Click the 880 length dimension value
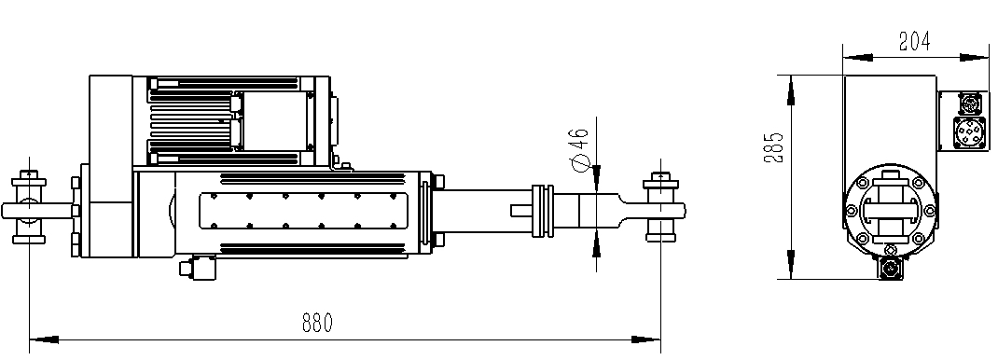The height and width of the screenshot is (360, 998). coord(317,323)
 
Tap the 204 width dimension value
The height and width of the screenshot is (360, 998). coord(914,41)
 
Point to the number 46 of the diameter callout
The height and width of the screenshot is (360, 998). coord(579,137)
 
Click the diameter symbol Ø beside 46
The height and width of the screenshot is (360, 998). coord(579,163)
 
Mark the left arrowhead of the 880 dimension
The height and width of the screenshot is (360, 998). coord(44,339)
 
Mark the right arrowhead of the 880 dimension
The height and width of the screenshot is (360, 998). coord(646,339)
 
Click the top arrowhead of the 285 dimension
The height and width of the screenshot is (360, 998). coord(791,90)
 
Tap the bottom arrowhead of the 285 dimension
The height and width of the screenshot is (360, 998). coord(791,264)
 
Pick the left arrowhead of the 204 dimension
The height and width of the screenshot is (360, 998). coord(857,57)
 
